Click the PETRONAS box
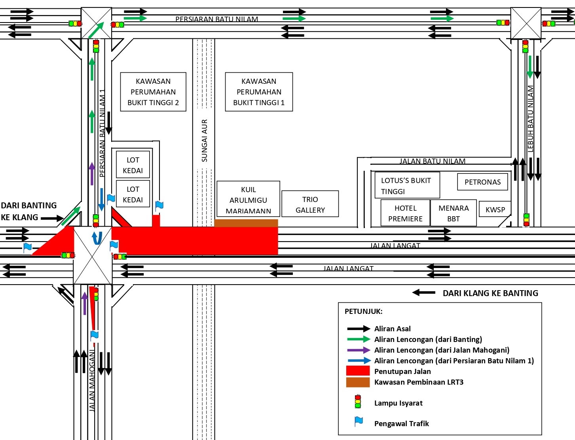click(482, 182)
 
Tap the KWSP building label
click(495, 210)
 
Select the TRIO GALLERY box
click(310, 204)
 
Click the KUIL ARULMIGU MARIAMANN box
click(248, 200)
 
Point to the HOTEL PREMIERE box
click(405, 213)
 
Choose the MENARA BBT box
click(453, 213)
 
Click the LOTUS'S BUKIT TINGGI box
click(407, 185)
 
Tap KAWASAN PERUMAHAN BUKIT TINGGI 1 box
click(259, 92)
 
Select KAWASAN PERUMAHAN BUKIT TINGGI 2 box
click(153, 92)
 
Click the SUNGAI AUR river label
click(204, 141)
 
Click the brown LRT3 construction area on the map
click(246, 223)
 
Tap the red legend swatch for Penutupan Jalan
click(358, 371)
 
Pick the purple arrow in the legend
click(358, 350)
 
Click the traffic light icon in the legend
click(358, 402)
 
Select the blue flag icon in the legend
click(359, 422)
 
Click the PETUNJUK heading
click(363, 311)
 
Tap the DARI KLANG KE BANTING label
click(490, 293)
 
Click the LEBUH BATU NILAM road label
click(530, 119)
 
